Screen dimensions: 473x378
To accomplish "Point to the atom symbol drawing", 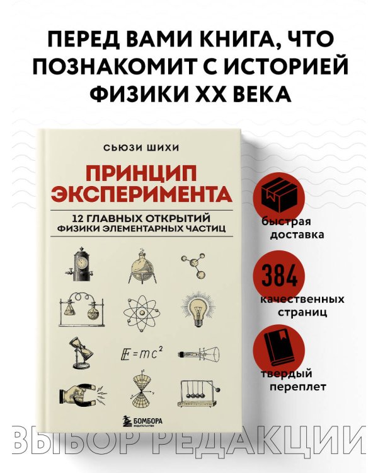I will pyautogui.click(x=142, y=309).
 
